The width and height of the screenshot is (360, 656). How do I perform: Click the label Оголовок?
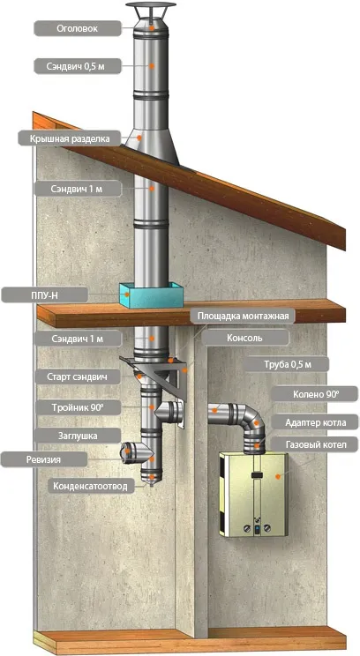78,29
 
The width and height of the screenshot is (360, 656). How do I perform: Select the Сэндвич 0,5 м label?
78,66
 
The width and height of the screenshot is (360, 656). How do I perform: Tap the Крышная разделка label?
69,138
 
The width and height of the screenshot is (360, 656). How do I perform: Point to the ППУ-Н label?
44,295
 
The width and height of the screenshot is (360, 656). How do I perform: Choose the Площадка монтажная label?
243,316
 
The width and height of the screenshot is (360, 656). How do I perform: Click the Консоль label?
245,338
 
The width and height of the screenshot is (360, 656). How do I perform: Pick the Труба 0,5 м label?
288,364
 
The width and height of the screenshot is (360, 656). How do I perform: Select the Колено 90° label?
315,394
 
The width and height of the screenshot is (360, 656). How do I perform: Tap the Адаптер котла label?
315,422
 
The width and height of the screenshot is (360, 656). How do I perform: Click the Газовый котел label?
315,444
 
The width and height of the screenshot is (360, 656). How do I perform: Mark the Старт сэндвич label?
78,377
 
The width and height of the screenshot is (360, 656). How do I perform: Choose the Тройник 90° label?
78,407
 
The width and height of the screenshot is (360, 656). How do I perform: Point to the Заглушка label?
78,436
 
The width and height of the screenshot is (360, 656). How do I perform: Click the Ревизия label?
44,459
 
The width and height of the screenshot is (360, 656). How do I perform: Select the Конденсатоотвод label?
90,486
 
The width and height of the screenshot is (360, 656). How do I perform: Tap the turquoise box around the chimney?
151,295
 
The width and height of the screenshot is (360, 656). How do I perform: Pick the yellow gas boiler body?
253,495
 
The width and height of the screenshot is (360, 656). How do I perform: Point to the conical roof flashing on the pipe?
152,145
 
